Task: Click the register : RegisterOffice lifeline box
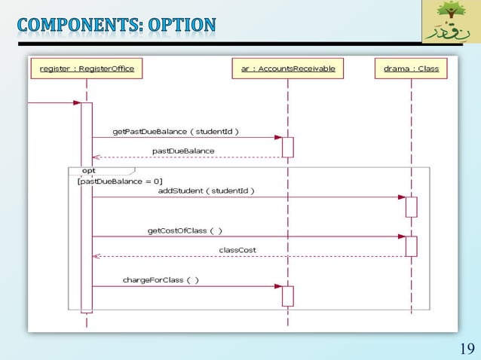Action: (86, 69)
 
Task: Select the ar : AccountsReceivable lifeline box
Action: (287, 69)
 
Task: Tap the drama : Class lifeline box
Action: (411, 69)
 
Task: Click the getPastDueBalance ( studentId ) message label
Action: (176, 131)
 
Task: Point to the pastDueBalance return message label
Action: (183, 151)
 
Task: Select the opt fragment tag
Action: (88, 171)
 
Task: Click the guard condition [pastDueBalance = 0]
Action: (120, 181)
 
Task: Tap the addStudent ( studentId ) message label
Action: (206, 191)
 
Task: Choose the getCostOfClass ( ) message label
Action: (185, 230)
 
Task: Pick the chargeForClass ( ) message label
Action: (161, 279)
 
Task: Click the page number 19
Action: (466, 348)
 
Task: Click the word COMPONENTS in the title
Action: (71, 24)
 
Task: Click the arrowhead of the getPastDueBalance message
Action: (277, 138)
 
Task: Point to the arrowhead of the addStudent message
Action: (401, 197)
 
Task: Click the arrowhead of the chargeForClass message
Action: (277, 286)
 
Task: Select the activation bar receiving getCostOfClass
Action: (411, 246)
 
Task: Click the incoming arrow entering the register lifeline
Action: (53, 103)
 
